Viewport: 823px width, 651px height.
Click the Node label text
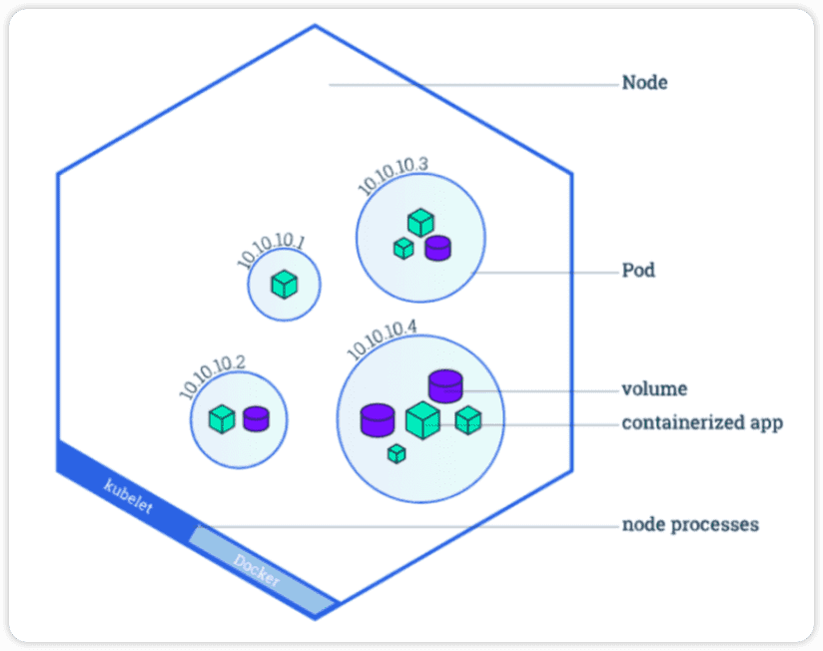click(644, 83)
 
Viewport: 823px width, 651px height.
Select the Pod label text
click(638, 271)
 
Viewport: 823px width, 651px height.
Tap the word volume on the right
click(654, 389)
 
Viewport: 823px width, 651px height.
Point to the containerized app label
click(702, 422)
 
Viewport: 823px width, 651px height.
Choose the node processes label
click(690, 524)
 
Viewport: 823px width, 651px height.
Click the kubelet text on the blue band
click(129, 496)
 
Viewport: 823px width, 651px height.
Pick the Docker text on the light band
click(257, 570)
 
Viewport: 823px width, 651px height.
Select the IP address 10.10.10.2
click(212, 376)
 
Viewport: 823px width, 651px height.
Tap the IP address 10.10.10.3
click(393, 175)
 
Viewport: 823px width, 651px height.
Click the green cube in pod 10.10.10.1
click(285, 285)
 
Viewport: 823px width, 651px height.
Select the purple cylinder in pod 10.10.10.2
click(256, 419)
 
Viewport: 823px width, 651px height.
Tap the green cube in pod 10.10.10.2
click(222, 419)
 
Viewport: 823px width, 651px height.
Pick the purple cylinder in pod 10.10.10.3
click(437, 249)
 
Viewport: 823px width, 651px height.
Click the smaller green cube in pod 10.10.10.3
click(404, 249)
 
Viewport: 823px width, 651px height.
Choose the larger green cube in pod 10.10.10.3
click(420, 223)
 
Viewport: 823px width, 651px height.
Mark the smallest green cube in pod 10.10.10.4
click(397, 453)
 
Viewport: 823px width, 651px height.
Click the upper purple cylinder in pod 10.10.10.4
click(445, 386)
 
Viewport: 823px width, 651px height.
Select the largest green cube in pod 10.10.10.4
click(422, 420)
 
